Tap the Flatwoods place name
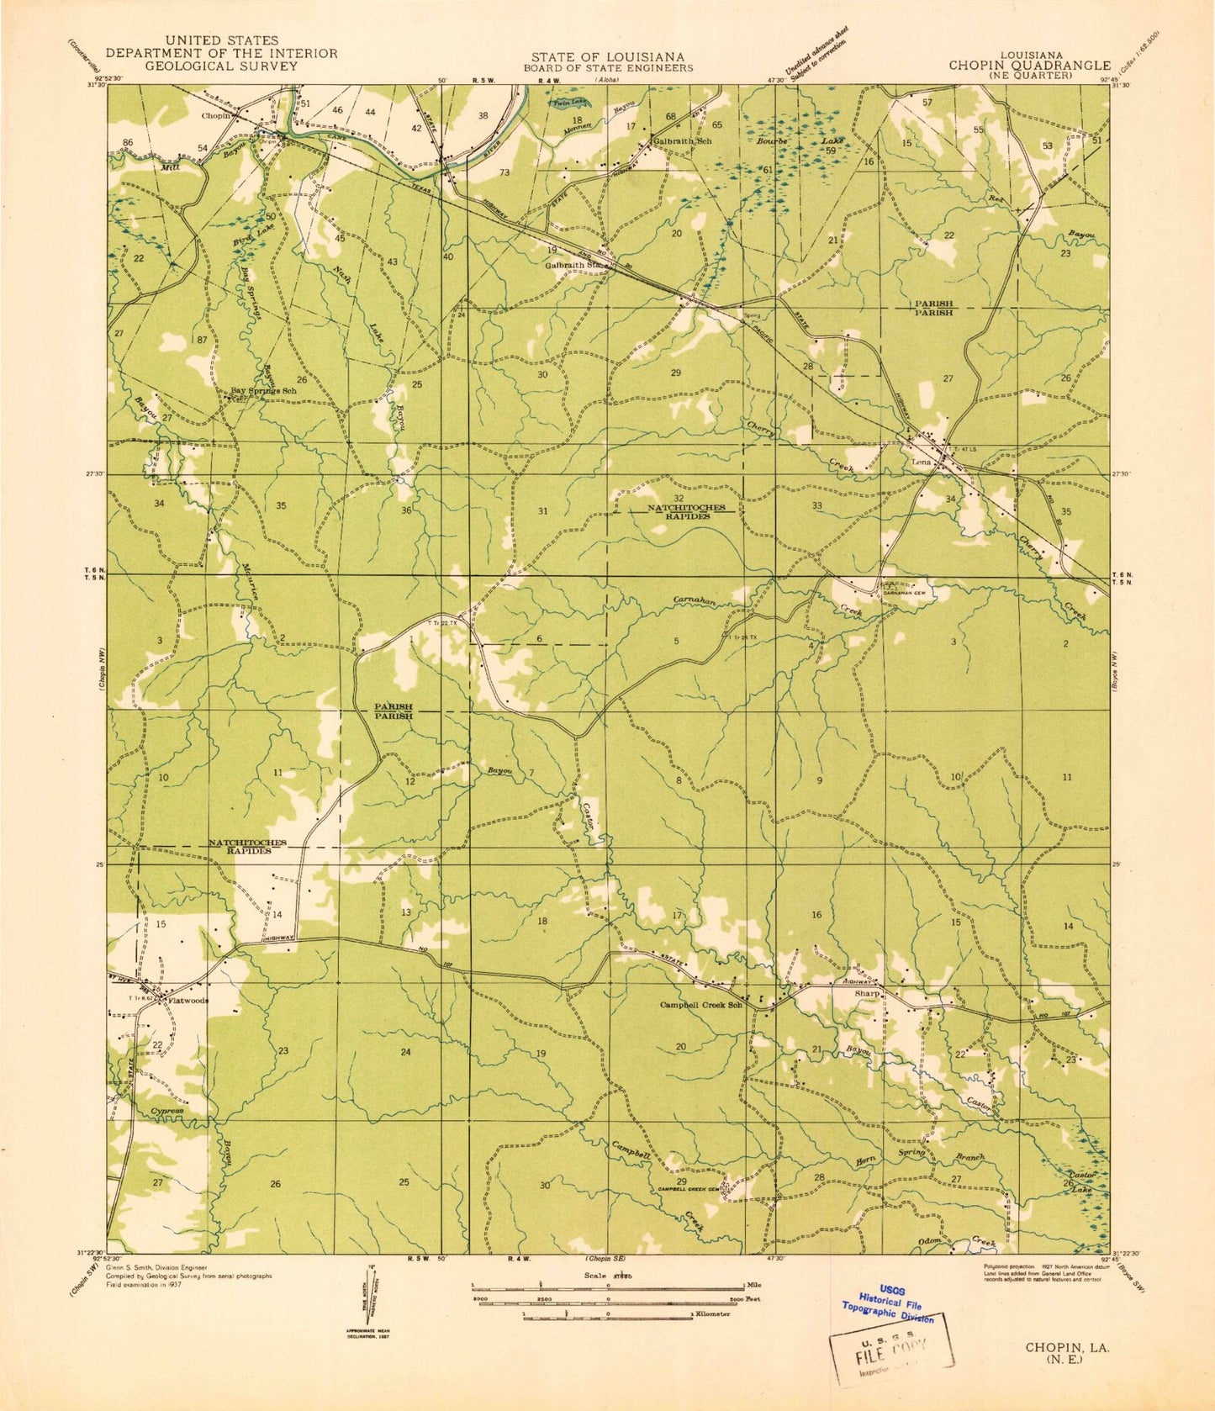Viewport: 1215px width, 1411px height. [x=188, y=1001]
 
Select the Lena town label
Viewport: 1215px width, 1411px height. [x=920, y=462]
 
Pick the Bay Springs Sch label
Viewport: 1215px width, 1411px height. [x=264, y=391]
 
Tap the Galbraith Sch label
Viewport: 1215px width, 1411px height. [x=683, y=141]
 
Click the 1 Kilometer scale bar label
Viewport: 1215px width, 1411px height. [x=710, y=1313]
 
